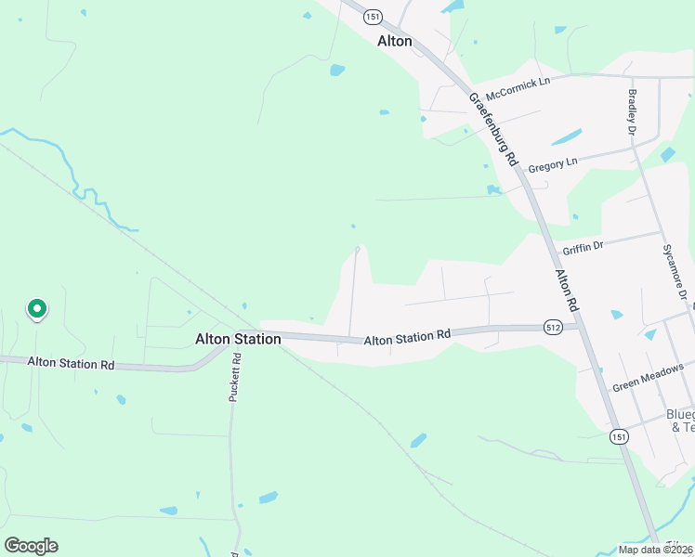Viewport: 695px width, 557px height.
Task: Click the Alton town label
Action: (395, 42)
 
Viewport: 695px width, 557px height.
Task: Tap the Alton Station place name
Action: (238, 340)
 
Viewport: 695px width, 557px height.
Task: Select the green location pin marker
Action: (36, 308)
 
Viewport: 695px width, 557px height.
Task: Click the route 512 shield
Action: (554, 327)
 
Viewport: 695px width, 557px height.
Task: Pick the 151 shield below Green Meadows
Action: (619, 435)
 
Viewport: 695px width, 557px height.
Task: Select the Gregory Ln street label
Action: (552, 164)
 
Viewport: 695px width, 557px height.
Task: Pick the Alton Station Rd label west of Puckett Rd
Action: (71, 363)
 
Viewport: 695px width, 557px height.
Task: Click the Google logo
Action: (31, 546)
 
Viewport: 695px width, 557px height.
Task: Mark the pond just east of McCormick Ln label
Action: (566, 137)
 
